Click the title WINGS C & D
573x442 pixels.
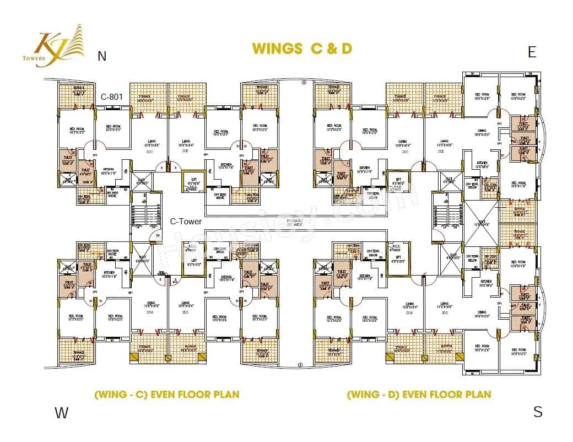pos(301,48)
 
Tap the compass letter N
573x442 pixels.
pos(101,56)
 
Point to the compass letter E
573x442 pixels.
pos(532,52)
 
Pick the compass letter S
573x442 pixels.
pos(538,412)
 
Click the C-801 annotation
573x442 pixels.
pos(111,96)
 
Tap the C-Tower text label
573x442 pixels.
pos(186,222)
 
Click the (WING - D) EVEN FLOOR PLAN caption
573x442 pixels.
pos(419,395)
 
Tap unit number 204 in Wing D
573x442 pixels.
pos(409,312)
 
